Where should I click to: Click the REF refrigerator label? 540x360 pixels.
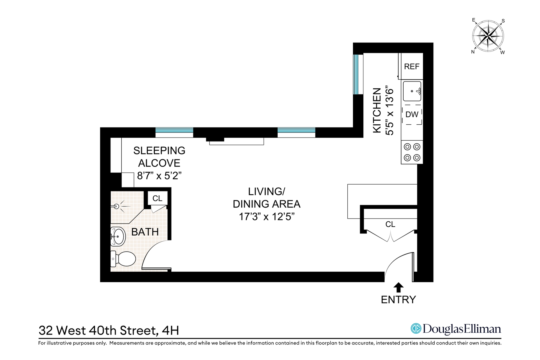[411, 66]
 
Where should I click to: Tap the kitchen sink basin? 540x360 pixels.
[412, 91]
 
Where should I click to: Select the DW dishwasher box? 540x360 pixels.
[412, 114]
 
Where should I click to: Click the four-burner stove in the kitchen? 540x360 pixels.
[412, 152]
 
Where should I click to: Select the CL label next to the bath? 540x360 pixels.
[157, 199]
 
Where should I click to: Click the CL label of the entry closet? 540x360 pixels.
[390, 224]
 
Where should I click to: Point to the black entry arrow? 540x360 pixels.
[399, 288]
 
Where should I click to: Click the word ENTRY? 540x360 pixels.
[398, 300]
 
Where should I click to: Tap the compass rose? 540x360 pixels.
[488, 36]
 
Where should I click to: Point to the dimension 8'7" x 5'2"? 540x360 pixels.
[159, 176]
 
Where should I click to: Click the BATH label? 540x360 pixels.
[145, 232]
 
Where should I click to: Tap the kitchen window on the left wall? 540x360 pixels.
[356, 74]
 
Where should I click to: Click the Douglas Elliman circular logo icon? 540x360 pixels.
[416, 328]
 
